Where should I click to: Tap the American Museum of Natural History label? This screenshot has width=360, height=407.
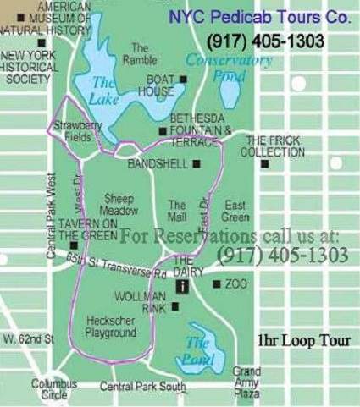(52, 17)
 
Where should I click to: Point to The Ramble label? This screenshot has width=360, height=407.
(141, 53)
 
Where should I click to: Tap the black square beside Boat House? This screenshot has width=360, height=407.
(184, 80)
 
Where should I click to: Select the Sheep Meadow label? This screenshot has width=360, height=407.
(119, 203)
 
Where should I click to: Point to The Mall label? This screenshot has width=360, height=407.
(177, 210)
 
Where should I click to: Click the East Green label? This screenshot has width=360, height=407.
(235, 210)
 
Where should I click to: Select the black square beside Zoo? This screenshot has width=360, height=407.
(217, 284)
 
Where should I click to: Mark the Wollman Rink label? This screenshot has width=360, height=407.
(140, 301)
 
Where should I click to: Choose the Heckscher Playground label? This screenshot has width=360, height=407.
(111, 327)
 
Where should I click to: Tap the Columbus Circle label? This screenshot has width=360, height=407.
(54, 388)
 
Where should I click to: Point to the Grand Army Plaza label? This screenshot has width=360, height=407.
(246, 382)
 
